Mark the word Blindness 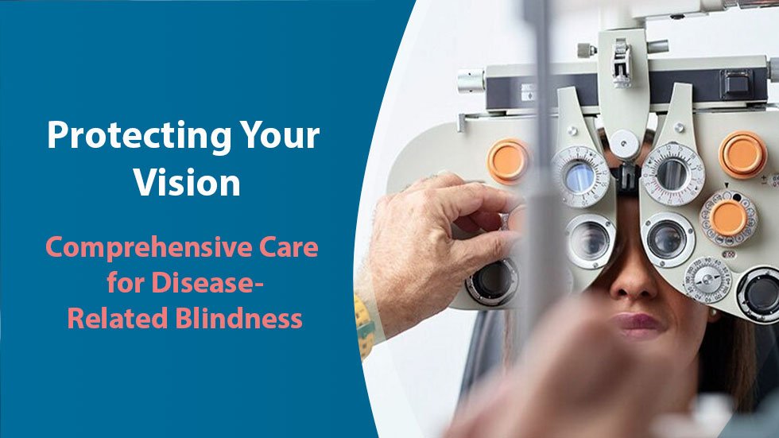tap(235, 318)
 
